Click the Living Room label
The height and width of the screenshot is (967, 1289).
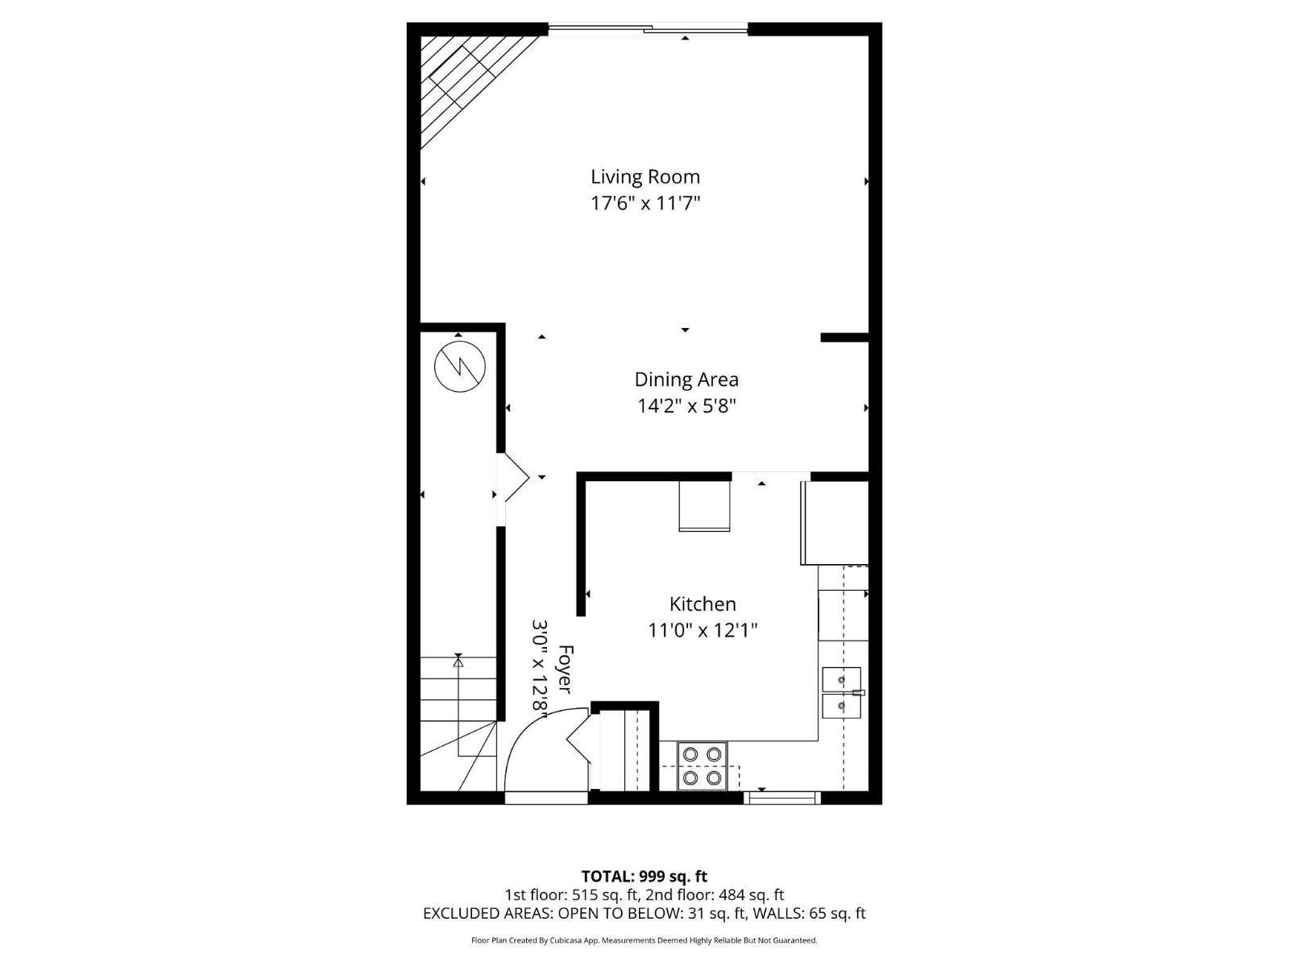645,176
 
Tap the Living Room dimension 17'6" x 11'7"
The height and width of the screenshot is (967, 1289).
645,203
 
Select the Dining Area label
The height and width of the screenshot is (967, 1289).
686,380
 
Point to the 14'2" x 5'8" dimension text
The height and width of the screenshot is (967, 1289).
686,405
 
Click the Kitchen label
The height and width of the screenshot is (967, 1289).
703,604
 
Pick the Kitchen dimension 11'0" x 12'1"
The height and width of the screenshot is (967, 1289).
703,629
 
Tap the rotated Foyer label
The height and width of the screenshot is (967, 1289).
565,669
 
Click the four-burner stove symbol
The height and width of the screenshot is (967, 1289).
702,766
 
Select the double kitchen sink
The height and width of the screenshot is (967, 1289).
842,692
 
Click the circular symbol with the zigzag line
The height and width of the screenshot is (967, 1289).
460,367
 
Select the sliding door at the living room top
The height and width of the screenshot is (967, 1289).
649,31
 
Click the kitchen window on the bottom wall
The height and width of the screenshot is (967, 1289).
781,798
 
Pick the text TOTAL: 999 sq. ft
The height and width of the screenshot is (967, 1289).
644,876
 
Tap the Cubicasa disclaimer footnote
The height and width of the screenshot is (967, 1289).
644,940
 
